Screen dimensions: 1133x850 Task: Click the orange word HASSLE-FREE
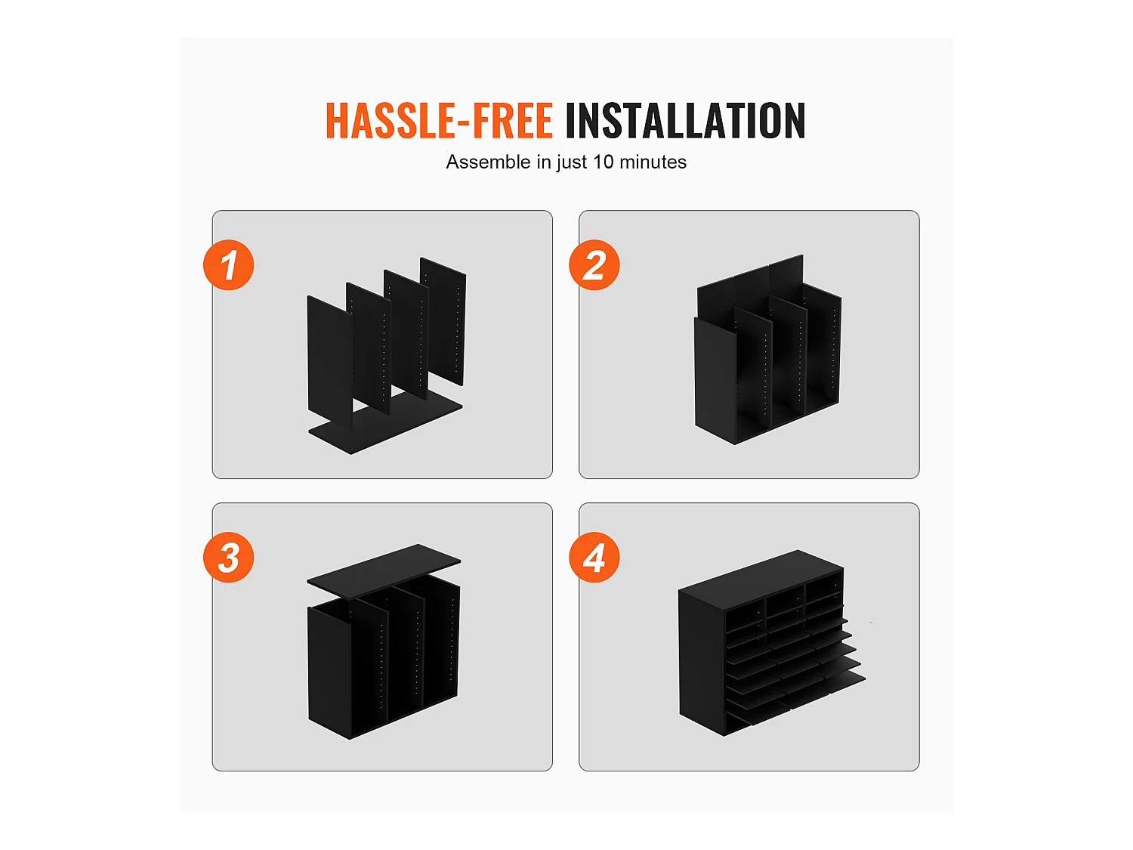click(440, 120)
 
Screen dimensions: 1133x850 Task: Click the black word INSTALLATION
click(686, 120)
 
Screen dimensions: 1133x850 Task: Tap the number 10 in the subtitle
click(603, 162)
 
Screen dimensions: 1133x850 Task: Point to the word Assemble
click(488, 162)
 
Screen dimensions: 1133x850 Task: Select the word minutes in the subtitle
click(653, 162)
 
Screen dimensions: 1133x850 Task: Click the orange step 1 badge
click(229, 264)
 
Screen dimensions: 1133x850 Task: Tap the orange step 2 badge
click(594, 264)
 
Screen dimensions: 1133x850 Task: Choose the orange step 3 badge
click(229, 558)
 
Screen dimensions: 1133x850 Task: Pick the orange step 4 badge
click(594, 558)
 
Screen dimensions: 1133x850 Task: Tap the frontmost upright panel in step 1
click(330, 361)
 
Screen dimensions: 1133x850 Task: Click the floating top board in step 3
click(384, 570)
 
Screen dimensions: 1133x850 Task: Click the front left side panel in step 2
click(715, 381)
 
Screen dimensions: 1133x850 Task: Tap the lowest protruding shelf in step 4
click(795, 700)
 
